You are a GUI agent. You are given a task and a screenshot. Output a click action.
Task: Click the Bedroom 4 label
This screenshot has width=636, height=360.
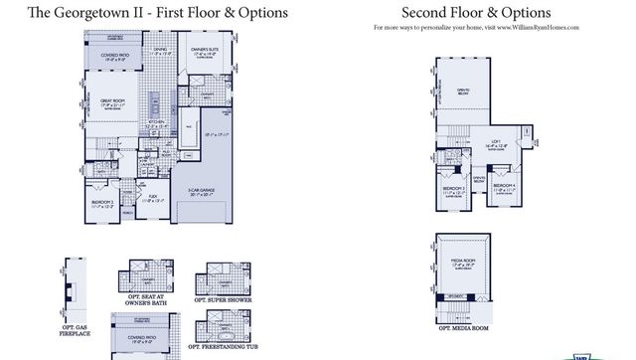coord(505,186)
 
